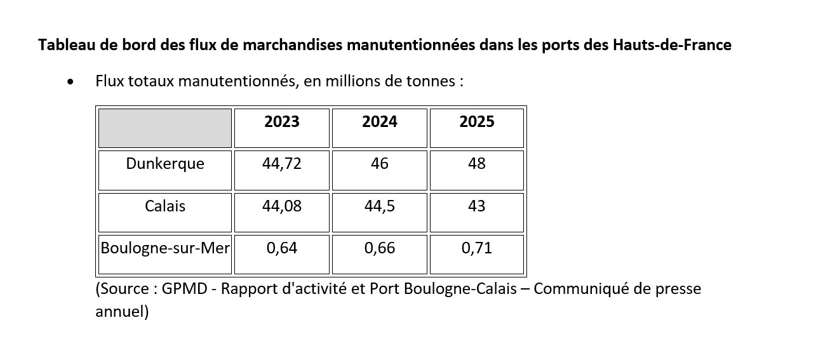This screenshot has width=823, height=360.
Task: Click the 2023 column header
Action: (282, 122)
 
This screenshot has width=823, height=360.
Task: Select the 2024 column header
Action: (380, 122)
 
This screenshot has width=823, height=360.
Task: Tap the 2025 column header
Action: (477, 122)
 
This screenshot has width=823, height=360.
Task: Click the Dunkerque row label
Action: (165, 164)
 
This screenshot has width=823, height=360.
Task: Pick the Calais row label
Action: (165, 206)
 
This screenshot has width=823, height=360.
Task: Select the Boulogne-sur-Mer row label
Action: (165, 248)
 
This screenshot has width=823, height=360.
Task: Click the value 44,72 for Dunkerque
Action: (282, 164)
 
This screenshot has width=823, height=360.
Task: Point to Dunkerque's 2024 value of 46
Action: (380, 164)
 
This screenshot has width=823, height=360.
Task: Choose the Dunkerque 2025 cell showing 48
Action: (477, 164)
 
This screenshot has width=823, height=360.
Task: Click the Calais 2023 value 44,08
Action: (282, 206)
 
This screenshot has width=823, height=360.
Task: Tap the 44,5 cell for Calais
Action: (380, 206)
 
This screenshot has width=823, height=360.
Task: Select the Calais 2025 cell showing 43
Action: (477, 206)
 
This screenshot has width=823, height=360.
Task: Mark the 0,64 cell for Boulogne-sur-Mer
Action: (282, 248)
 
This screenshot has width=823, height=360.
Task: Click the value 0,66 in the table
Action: (380, 248)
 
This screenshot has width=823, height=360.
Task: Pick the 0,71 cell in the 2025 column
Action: (477, 248)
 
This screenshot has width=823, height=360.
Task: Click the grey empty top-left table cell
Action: (165, 128)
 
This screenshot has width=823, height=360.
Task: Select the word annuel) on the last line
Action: (122, 312)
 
